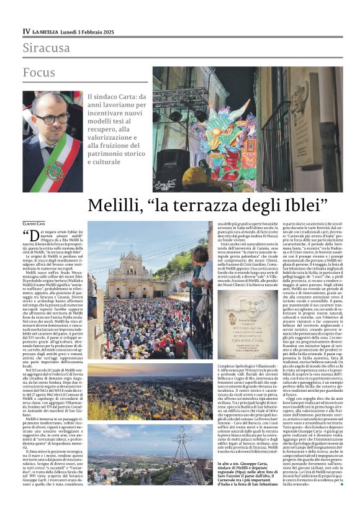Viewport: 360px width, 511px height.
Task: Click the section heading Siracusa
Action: click(x=47, y=48)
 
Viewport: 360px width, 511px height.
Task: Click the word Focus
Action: click(x=39, y=73)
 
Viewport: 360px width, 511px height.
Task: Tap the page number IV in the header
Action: click(x=26, y=30)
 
